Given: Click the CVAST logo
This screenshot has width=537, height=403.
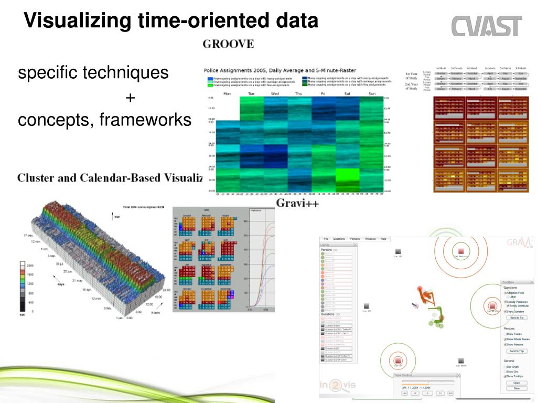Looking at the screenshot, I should [x=487, y=26].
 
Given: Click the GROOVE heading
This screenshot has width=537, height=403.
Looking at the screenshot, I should [x=228, y=44].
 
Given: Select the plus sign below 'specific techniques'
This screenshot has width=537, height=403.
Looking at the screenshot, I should [x=130, y=98].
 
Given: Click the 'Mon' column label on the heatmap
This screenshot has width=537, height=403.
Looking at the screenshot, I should [x=227, y=94].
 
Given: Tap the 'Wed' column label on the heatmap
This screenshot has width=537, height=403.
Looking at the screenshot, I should [x=275, y=94].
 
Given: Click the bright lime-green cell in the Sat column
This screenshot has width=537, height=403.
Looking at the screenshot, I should [x=347, y=175].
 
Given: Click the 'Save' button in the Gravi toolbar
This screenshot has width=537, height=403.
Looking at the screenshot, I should [x=517, y=388].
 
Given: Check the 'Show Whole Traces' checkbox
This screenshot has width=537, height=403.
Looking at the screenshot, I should [x=505, y=340].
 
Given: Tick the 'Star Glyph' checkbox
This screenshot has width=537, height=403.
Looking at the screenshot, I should [x=505, y=367].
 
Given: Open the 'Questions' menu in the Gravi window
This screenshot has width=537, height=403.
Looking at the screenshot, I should [x=339, y=239].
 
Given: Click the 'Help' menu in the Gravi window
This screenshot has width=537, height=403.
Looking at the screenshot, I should [x=383, y=239].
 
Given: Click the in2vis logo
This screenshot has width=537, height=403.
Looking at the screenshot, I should [x=338, y=386].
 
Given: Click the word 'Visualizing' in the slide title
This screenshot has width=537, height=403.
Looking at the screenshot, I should [x=78, y=21].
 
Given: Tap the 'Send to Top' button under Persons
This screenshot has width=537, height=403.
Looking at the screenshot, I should [x=517, y=351].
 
